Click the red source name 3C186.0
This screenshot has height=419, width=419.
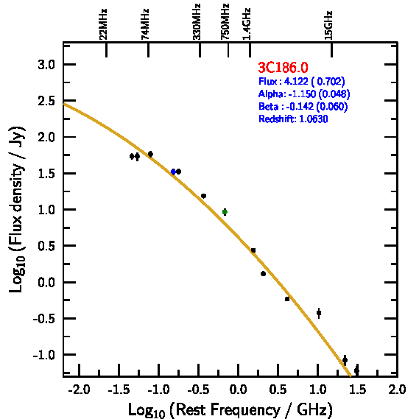click(x=283, y=67)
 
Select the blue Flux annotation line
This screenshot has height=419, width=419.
click(x=302, y=81)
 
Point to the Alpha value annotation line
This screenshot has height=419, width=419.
click(x=304, y=94)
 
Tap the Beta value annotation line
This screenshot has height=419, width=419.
click(x=303, y=106)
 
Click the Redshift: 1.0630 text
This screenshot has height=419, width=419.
click(x=293, y=119)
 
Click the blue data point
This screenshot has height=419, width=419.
click(x=174, y=172)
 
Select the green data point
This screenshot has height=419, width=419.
click(x=225, y=212)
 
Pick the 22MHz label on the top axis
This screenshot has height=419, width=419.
click(x=103, y=24)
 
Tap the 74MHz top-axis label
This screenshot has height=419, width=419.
click(x=145, y=24)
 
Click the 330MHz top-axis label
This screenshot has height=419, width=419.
click(x=197, y=21)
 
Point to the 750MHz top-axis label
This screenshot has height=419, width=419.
click(x=225, y=21)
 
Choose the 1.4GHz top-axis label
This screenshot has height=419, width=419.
click(x=247, y=24)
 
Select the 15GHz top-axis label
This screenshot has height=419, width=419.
click(x=328, y=25)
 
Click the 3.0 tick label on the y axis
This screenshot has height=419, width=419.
click(x=46, y=65)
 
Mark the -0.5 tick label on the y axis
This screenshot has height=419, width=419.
click(x=44, y=319)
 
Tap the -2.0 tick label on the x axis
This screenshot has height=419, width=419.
click(x=79, y=390)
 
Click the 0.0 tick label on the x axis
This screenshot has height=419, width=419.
click(x=238, y=390)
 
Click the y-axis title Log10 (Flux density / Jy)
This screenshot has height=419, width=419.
click(x=17, y=209)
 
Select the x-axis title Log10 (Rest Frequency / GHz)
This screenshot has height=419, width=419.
click(x=230, y=409)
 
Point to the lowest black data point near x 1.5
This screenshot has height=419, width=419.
click(x=356, y=370)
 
